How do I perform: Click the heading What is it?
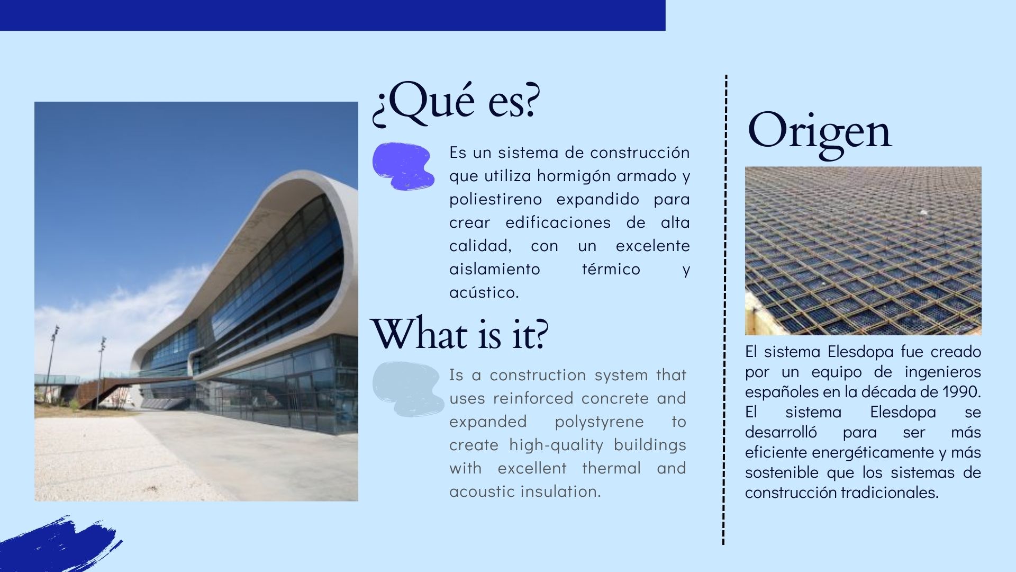coord(459,334)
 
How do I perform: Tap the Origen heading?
coord(819,131)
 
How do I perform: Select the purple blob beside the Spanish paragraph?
coord(403,166)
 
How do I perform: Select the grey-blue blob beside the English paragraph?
coord(407,389)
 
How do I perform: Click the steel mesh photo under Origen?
coord(863,251)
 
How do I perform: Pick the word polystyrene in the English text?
coord(599,422)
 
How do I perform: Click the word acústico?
coord(484,292)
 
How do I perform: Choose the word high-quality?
coord(556,445)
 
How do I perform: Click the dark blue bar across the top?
coord(332,15)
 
